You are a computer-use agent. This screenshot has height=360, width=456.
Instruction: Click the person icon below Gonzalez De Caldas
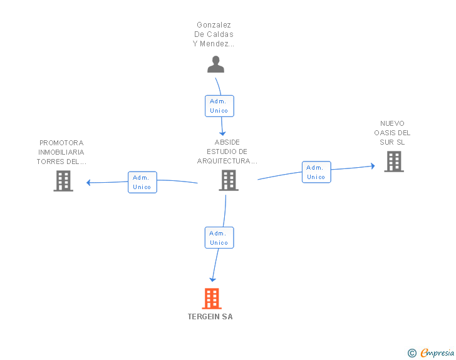click(x=215, y=64)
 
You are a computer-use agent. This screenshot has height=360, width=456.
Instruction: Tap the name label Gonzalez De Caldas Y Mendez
click(x=214, y=34)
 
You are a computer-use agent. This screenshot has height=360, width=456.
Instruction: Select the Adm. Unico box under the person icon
click(x=219, y=106)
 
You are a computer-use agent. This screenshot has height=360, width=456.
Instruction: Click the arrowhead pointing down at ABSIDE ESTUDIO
click(x=222, y=133)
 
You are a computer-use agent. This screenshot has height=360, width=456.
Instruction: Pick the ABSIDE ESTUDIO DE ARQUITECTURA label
click(x=227, y=152)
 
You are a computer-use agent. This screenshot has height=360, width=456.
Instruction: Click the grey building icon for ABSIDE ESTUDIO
click(x=229, y=180)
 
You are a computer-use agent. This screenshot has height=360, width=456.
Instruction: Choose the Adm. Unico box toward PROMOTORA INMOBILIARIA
click(x=143, y=182)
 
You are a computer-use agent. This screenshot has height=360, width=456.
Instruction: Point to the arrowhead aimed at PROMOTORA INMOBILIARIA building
click(x=89, y=183)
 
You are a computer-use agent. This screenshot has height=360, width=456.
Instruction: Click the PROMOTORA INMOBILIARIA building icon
click(x=63, y=181)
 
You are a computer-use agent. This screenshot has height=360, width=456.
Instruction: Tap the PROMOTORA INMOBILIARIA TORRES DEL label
click(x=61, y=152)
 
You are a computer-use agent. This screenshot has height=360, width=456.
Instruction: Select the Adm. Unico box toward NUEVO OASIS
click(x=316, y=172)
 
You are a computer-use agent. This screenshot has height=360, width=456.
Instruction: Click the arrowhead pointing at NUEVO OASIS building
click(x=373, y=166)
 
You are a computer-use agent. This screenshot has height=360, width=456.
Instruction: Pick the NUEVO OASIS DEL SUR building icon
click(x=394, y=162)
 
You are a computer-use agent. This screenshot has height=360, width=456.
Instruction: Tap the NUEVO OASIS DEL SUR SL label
click(x=392, y=133)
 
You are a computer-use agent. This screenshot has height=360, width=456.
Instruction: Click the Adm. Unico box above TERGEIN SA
click(x=219, y=238)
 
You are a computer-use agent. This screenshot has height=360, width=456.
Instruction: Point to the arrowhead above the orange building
click(x=213, y=279)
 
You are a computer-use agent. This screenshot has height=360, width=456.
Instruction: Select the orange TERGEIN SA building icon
click(x=212, y=299)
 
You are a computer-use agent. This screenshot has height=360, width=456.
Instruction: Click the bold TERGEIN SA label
click(x=210, y=317)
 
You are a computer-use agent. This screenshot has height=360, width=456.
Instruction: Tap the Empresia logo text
click(x=437, y=353)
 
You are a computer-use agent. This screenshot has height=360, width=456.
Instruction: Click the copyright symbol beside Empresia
click(x=412, y=353)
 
